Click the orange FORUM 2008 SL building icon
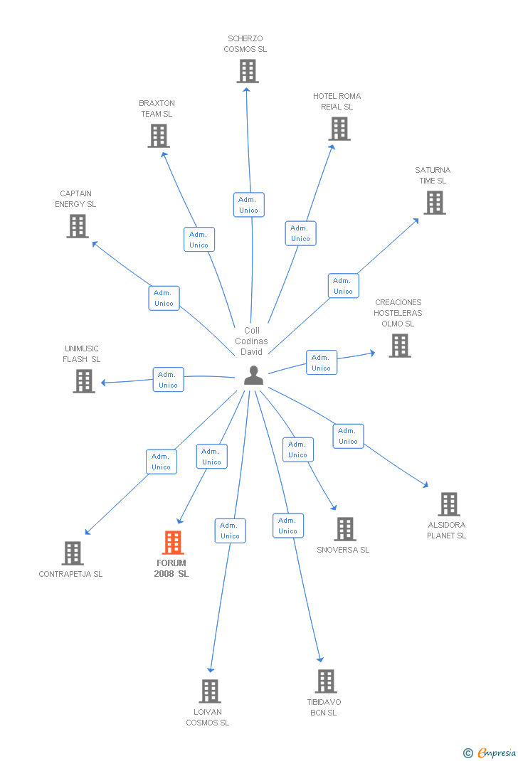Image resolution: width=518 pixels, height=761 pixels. click(173, 543)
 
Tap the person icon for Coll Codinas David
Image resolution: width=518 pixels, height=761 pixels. click(253, 376)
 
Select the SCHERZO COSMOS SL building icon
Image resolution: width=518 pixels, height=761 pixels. click(248, 71)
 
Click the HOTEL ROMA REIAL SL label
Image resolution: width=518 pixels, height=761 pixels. click(337, 102)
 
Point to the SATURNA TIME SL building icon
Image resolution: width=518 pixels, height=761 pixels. click(435, 203)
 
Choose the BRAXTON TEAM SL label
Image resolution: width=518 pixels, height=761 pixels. click(157, 109)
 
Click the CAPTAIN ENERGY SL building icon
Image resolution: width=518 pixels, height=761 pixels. click(78, 226)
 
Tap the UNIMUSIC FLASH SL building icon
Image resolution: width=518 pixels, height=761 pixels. click(84, 381)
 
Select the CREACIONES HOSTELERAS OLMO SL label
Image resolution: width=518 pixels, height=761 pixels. click(398, 313)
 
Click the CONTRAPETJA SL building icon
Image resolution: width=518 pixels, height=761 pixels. click(73, 553)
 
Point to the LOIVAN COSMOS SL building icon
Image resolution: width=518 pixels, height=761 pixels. click(210, 691)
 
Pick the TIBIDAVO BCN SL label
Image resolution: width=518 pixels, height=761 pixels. click(324, 707)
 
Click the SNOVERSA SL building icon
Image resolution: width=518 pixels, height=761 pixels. click(345, 529)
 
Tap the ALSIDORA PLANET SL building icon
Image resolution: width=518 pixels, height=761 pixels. click(449, 504)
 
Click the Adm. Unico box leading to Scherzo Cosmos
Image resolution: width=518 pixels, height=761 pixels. click(248, 205)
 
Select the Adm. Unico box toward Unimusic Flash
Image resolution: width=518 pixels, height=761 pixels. click(169, 380)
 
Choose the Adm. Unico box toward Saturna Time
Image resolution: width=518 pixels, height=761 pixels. click(343, 286)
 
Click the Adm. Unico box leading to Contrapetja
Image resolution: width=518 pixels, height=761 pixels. click(162, 462)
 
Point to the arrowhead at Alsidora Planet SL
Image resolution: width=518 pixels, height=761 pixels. click(425, 485)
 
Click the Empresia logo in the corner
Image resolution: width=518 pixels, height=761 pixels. click(490, 752)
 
